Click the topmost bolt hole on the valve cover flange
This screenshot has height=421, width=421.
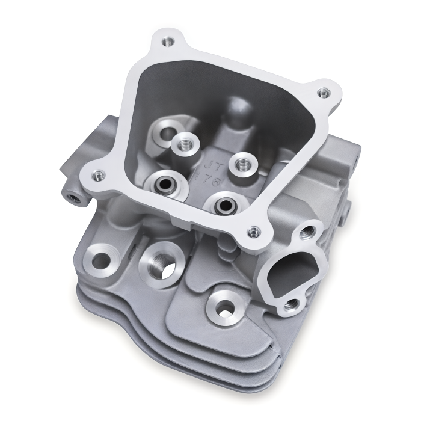(x=169, y=41)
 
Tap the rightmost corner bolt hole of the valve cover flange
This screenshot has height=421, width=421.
(x=324, y=93)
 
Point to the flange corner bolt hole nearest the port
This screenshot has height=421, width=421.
(x=254, y=230)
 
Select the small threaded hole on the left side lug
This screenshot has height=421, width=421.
(x=73, y=197)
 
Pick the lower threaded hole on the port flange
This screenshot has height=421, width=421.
(x=292, y=305)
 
